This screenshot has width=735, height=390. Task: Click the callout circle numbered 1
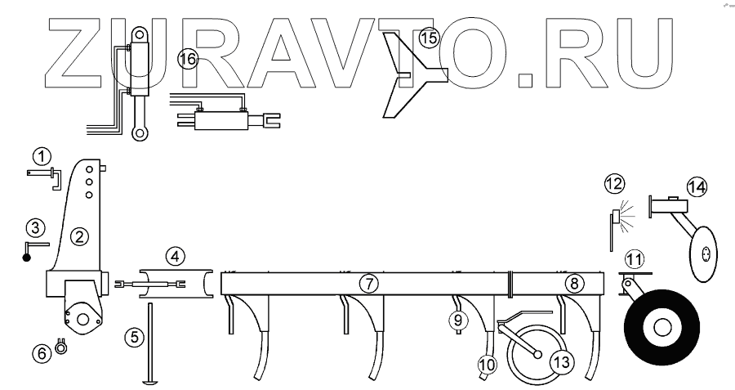click(x=42, y=155)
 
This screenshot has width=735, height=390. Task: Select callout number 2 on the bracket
click(x=79, y=237)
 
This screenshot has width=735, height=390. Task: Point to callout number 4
click(x=175, y=257)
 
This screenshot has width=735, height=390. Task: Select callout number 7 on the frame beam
click(x=369, y=284)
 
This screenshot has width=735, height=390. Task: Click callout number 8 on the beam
click(x=574, y=284)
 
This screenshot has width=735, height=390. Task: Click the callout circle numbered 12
click(x=613, y=185)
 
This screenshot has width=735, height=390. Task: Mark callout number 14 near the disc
click(x=697, y=186)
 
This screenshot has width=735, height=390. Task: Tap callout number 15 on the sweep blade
click(x=429, y=38)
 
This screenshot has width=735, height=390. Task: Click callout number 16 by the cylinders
click(x=188, y=59)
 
